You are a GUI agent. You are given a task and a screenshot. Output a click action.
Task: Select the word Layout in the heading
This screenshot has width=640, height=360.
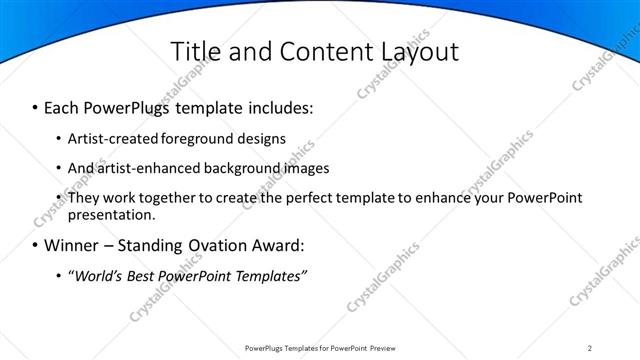[413, 51]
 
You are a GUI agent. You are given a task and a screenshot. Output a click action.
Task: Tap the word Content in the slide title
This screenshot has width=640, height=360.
[314, 51]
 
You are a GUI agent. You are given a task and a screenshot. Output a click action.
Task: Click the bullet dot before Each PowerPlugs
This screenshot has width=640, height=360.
[36, 106]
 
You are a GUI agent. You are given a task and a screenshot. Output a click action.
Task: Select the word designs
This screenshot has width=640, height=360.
[262, 138]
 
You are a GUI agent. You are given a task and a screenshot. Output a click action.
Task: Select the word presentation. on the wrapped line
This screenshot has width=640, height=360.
[112, 214]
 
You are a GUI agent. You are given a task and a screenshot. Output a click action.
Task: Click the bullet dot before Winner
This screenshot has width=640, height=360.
[36, 245]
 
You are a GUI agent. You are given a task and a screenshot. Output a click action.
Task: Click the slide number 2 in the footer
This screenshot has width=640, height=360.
[590, 348]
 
